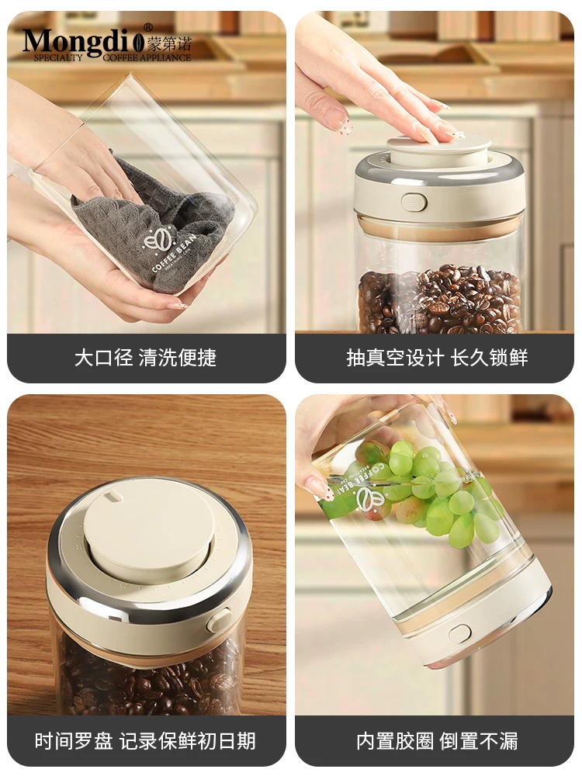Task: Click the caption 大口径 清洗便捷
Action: [145, 358]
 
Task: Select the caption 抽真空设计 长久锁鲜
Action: [436, 358]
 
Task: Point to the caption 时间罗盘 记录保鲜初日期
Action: [145, 740]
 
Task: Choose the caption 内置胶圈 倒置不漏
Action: [436, 740]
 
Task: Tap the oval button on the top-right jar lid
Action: [414, 202]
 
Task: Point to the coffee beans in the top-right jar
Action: [439, 299]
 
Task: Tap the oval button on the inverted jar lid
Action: [459, 632]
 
